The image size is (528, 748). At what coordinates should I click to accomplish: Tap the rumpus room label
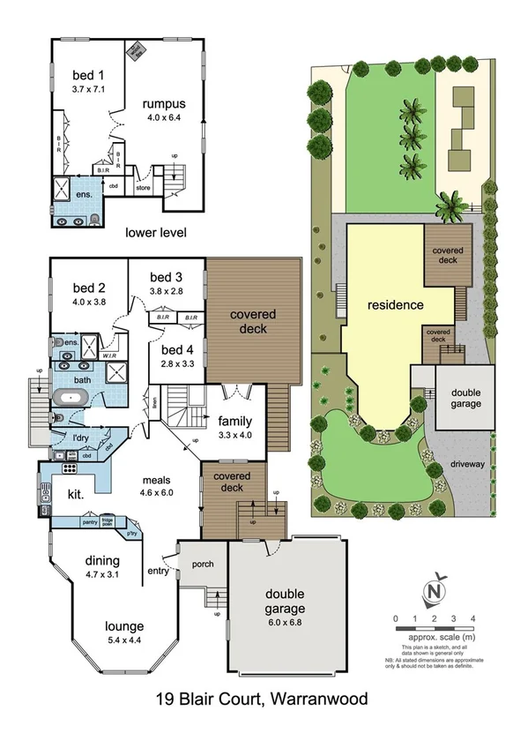point(165,103)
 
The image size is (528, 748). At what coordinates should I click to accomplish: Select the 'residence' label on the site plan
point(396,305)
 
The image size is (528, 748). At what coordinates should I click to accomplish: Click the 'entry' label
point(158,572)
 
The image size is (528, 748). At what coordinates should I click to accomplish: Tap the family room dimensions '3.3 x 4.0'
point(234,434)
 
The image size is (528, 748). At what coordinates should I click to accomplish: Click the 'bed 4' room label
point(176,348)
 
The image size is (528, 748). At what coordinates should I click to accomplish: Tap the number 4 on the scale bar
point(474,618)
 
